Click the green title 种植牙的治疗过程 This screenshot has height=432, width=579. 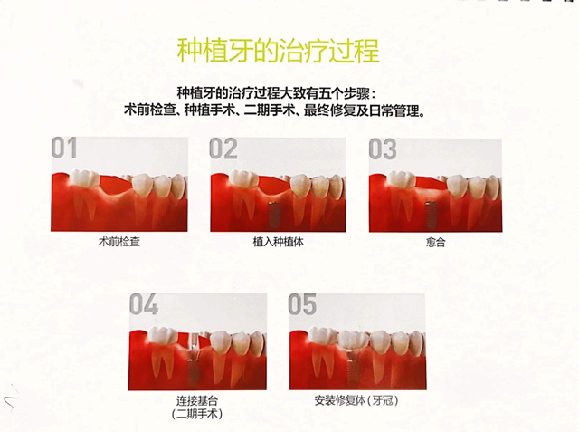279,51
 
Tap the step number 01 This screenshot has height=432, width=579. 64,148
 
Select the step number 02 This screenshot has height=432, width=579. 223,149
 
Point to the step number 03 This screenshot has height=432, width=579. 383,149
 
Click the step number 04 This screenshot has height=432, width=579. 144,304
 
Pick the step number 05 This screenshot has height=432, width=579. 302,304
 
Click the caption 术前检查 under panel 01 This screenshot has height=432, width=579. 119,242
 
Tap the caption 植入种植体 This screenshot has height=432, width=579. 278,242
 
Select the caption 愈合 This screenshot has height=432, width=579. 435,243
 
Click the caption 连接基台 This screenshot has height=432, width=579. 197,401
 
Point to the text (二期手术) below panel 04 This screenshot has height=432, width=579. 197,414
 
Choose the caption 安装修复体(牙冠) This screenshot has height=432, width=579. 356,400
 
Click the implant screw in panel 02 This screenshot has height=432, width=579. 273,214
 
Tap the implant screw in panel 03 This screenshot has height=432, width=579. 430,214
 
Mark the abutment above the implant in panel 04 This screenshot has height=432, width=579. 194,343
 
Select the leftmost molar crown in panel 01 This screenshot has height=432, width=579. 84,177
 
